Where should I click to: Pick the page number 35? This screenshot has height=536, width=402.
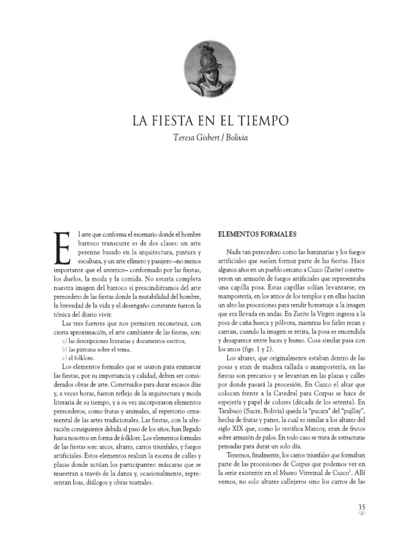click(x=362, y=508)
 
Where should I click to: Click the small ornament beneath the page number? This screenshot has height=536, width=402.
click(x=362, y=516)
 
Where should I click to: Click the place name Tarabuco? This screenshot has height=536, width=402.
click(x=231, y=405)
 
